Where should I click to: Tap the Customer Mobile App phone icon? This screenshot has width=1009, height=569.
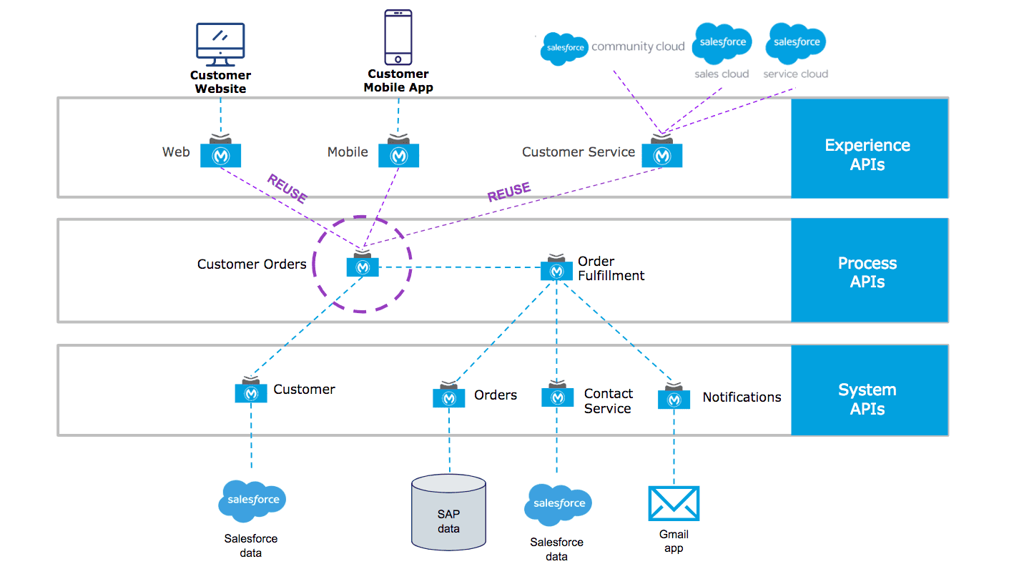[x=398, y=37]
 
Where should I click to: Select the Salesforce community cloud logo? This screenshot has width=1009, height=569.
[x=564, y=48]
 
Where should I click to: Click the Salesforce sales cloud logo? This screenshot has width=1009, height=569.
[x=722, y=42]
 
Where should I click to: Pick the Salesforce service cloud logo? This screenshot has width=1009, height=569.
[x=795, y=42]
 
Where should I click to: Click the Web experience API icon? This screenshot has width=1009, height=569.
[x=220, y=154]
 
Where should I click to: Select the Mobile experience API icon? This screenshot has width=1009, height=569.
[x=398, y=154]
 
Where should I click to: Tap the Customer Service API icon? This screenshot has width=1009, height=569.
[x=661, y=154]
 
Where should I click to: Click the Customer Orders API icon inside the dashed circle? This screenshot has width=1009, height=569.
[x=363, y=265]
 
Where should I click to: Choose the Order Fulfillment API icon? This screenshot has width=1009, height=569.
[x=556, y=269]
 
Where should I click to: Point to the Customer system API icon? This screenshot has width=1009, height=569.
[x=251, y=392]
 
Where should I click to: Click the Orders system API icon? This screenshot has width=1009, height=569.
[x=449, y=397]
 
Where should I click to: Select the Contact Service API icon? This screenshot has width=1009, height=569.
[x=557, y=395]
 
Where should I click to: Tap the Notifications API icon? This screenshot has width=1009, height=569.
[x=674, y=398]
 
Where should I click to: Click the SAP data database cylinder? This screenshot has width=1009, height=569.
[x=449, y=512]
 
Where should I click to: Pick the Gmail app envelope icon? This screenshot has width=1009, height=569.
[x=674, y=503]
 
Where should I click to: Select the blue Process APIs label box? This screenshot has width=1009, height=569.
[x=869, y=271]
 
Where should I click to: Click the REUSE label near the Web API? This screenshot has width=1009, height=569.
[x=287, y=188]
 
